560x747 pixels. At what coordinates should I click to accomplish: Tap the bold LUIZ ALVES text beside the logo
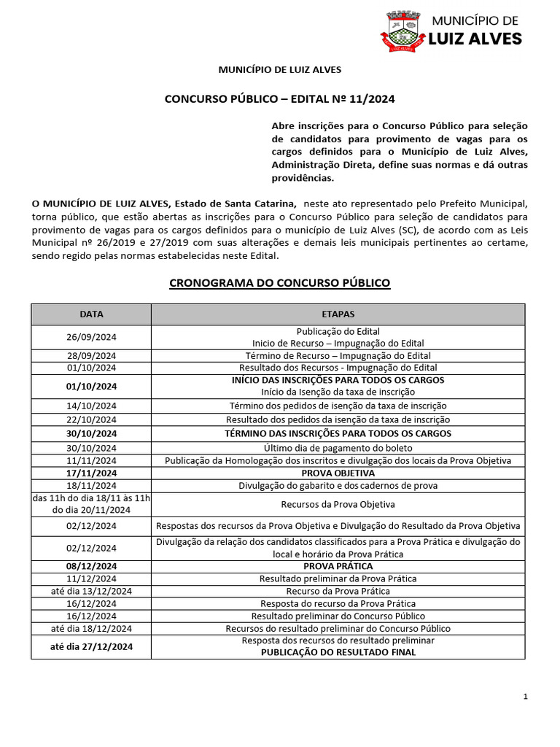(x=476, y=39)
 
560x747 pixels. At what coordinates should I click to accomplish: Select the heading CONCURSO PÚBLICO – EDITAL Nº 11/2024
(x=280, y=98)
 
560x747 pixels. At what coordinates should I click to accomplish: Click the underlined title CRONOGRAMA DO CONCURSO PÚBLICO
(x=280, y=282)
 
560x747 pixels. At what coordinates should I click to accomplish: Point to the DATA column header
(x=91, y=314)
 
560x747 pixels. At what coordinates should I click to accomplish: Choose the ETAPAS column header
(x=338, y=314)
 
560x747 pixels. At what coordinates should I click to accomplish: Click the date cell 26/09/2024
(x=91, y=337)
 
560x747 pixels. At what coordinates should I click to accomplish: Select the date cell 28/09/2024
(x=91, y=355)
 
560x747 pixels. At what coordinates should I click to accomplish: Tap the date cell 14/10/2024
(x=91, y=406)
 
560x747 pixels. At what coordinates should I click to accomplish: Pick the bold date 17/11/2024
(x=91, y=473)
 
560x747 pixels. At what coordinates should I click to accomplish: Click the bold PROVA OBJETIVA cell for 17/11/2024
(x=338, y=473)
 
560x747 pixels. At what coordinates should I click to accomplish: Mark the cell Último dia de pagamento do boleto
(x=338, y=447)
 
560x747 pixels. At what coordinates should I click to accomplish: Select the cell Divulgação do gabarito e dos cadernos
(x=338, y=486)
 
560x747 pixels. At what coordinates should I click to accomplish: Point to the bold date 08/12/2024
(x=91, y=566)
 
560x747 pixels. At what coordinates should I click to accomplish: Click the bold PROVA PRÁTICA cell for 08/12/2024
(x=338, y=566)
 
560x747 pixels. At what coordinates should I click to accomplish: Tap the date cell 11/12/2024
(x=91, y=578)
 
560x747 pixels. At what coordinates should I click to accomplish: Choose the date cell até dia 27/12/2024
(x=91, y=646)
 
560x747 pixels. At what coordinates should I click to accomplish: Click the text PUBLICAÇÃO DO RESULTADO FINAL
(x=338, y=652)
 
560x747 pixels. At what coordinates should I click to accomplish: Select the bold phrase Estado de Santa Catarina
(x=236, y=203)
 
